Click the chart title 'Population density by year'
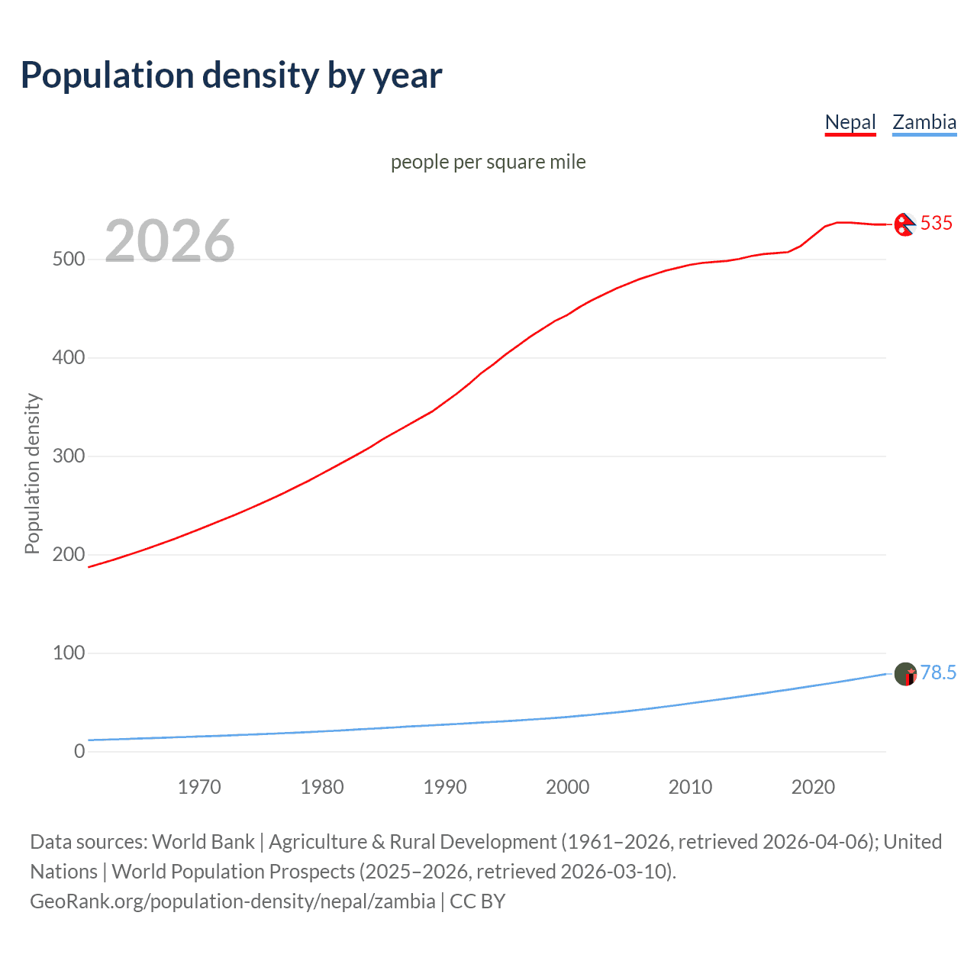231,76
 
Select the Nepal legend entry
850,122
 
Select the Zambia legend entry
924,122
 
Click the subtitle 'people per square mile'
488,162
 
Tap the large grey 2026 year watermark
169,241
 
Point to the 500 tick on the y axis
69,260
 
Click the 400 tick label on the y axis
69,358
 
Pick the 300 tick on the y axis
69,456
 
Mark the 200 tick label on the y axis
69,555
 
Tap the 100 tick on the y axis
69,653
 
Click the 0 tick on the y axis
79,752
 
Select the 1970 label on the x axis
199,787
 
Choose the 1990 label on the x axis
445,787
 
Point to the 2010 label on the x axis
690,787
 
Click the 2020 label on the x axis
813,787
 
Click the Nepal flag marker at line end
904,224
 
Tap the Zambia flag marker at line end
905,674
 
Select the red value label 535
937,223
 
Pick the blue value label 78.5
938,672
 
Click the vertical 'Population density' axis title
32,473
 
